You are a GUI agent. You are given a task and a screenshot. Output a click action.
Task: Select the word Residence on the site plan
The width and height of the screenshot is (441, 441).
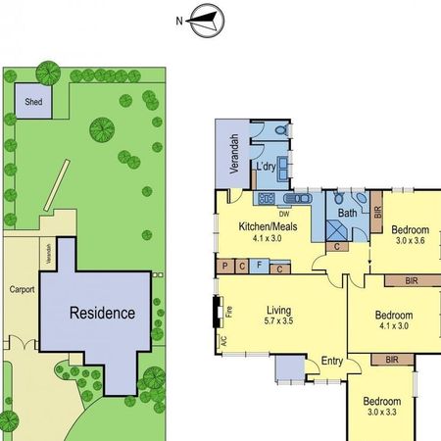(101, 314)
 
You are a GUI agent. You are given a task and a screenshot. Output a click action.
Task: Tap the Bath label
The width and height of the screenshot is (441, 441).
(348, 212)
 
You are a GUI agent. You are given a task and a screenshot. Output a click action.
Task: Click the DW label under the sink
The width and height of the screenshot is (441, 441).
(283, 214)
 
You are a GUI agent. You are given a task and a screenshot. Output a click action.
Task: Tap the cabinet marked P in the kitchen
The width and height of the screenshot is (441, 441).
(225, 265)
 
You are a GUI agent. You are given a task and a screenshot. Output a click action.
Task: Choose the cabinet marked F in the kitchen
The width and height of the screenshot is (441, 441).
(259, 265)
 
